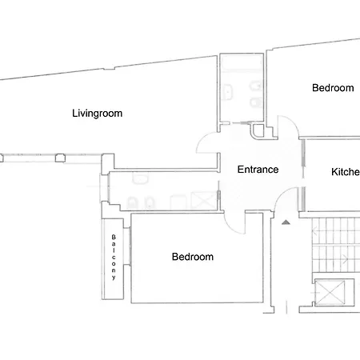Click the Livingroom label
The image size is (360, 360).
coord(97,114)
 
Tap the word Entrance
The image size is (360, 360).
coord(258,170)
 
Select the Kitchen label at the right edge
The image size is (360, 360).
coord(345,172)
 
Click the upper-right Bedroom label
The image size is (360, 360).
coord(332,88)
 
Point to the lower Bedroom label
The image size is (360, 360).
coord(193,257)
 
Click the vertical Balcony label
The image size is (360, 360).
coord(114,257)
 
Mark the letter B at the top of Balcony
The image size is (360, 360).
coord(114,238)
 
